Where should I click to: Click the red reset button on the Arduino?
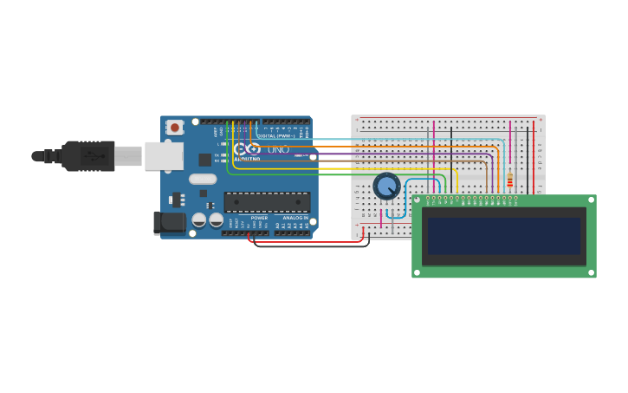pos(175,128)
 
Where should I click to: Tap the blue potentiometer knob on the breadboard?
pos(386,186)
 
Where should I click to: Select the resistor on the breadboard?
pos(509,180)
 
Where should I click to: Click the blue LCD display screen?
pos(503,236)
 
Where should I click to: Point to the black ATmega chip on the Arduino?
pos(267,202)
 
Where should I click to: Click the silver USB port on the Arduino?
pos(164,156)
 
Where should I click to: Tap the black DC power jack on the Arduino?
pos(169,223)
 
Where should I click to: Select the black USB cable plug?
pos(87,156)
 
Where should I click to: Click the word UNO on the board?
pos(278,149)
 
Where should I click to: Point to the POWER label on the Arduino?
pos(259,218)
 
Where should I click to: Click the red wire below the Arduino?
pos(303,241)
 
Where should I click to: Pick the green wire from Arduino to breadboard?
pos(346,174)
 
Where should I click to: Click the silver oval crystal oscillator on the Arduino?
pos(203,179)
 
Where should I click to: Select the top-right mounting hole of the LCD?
pos(592,200)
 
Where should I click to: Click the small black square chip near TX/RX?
pos(204,160)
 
